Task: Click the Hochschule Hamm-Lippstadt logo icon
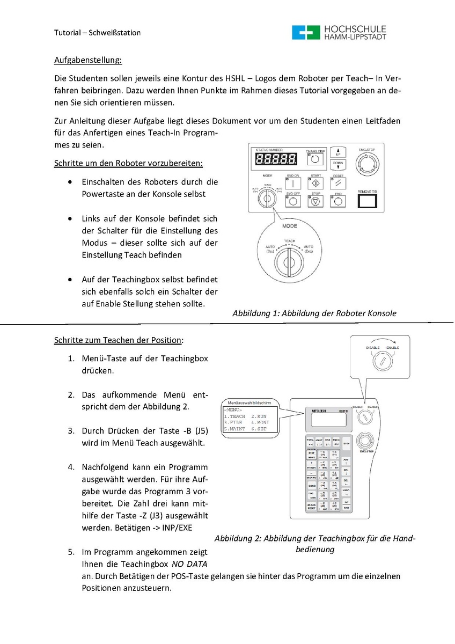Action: coord(305,32)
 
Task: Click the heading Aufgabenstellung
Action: coord(88,60)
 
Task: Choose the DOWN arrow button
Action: coord(338,164)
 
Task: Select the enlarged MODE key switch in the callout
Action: coord(289,257)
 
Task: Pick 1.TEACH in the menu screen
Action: coord(234,416)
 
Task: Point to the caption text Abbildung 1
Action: coord(314,313)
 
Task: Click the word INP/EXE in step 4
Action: coord(177,527)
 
